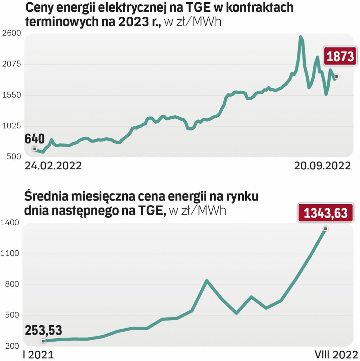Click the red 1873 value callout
tap(340, 56)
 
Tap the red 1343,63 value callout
tap(325, 213)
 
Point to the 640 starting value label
tap(35, 139)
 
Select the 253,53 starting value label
tap(43, 331)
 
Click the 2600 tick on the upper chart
tap(11, 33)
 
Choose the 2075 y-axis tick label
tap(11, 64)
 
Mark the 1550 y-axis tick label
tap(11, 95)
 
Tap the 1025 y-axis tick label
tap(11, 126)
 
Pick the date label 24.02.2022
tap(53, 166)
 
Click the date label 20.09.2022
tap(322, 166)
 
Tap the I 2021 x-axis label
tap(38, 354)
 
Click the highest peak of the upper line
tap(301, 37)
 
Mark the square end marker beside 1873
tap(337, 77)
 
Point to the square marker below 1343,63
tap(325, 229)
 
